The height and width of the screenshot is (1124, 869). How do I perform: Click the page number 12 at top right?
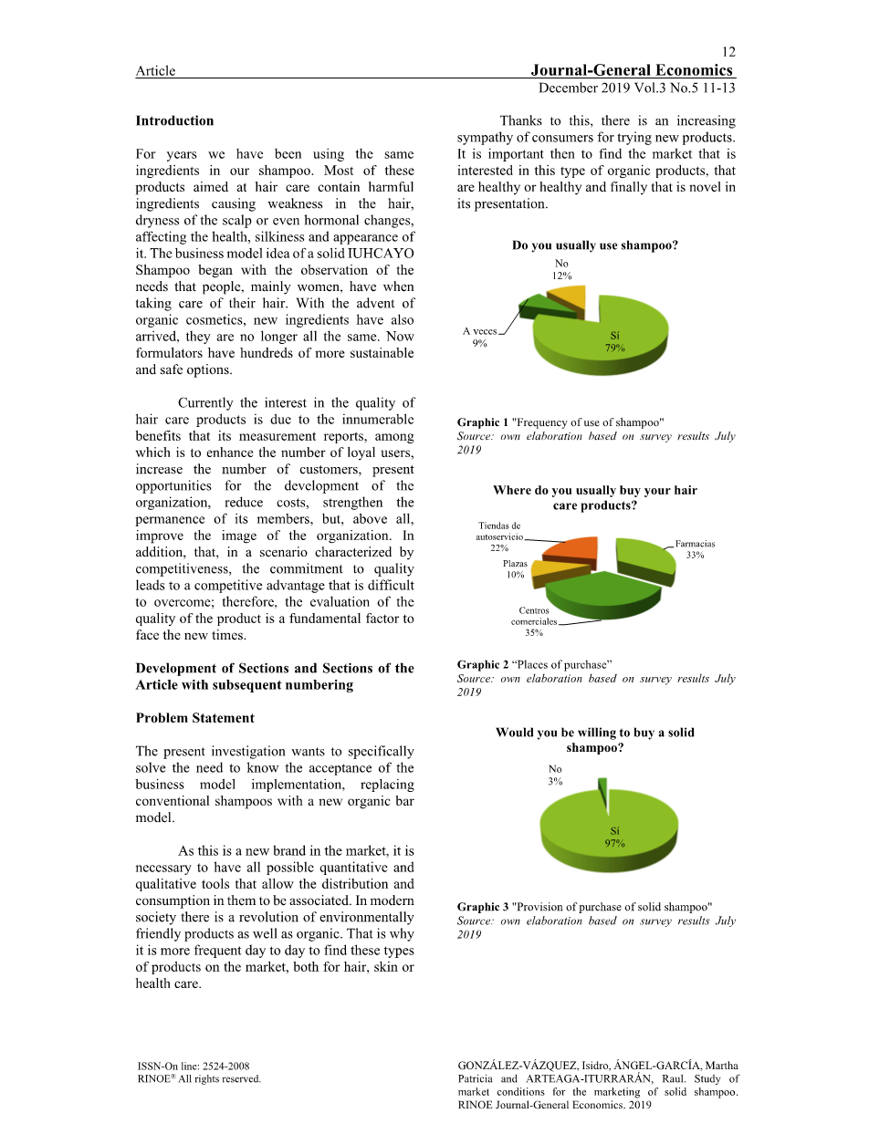pyautogui.click(x=728, y=52)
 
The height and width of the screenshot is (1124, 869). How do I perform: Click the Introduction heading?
pyautogui.click(x=174, y=120)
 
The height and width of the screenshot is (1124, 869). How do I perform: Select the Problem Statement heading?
pyautogui.click(x=194, y=718)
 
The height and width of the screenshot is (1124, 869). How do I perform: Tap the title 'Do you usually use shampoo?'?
pyautogui.click(x=594, y=245)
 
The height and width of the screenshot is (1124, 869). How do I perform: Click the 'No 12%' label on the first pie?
pyautogui.click(x=561, y=269)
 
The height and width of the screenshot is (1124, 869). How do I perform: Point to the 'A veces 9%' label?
pyautogui.click(x=479, y=338)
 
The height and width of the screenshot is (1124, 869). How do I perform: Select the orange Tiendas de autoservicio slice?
pyautogui.click(x=572, y=550)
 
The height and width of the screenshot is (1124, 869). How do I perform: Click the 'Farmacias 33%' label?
pyautogui.click(x=695, y=549)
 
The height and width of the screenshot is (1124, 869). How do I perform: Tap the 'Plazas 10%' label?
pyautogui.click(x=515, y=569)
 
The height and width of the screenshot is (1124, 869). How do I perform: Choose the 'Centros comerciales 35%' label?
pyautogui.click(x=534, y=621)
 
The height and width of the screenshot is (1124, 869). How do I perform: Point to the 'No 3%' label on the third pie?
pyautogui.click(x=555, y=775)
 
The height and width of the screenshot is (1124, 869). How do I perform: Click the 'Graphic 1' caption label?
pyautogui.click(x=483, y=422)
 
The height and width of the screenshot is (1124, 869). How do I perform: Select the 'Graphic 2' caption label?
pyautogui.click(x=483, y=664)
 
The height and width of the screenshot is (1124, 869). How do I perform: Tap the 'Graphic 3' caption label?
pyautogui.click(x=483, y=907)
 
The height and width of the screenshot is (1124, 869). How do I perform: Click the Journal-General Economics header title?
pyautogui.click(x=631, y=70)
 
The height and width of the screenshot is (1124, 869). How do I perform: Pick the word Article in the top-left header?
pyautogui.click(x=155, y=71)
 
